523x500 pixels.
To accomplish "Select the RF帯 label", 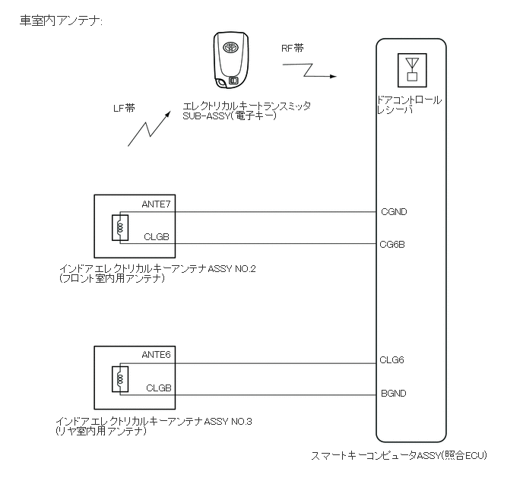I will [293, 48].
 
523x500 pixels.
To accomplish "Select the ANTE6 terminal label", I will [157, 355].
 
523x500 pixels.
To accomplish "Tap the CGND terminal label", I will [394, 212].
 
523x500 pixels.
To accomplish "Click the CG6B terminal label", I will [393, 244].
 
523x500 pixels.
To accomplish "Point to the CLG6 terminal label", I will [392, 359].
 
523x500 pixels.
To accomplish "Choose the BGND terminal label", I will [394, 394].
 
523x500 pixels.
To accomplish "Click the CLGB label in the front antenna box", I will [158, 237].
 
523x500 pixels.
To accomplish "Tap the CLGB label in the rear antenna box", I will [159, 388].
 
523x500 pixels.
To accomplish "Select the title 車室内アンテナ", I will [60, 21].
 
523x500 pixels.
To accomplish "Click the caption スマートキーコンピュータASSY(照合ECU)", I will [398, 456].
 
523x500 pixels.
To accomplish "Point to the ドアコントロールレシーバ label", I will [409, 105].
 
